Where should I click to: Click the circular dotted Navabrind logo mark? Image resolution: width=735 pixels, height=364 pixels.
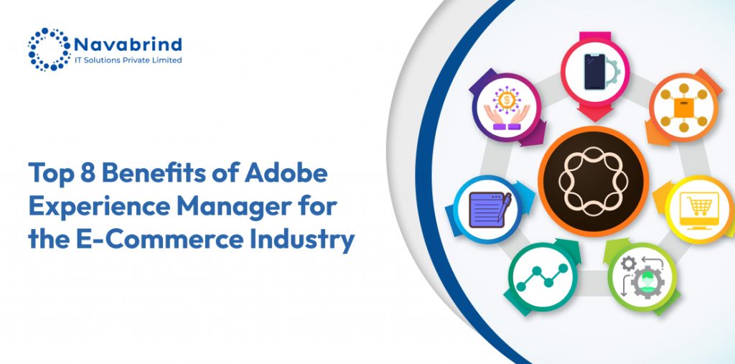click(x=50, y=50)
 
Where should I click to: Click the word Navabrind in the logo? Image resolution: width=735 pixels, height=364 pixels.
click(x=128, y=45)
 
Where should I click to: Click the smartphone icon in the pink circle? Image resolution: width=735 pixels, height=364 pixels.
click(x=594, y=72)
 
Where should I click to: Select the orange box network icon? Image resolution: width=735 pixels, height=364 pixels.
click(x=683, y=108)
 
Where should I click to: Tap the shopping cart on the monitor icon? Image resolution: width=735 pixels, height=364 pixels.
click(x=699, y=206)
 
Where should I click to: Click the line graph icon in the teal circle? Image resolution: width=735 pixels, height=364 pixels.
click(x=542, y=276)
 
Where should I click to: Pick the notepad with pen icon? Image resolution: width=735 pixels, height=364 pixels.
click(x=490, y=210)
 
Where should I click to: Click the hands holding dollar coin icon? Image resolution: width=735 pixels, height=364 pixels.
click(x=507, y=110)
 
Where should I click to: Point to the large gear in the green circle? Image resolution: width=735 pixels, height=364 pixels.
click(x=647, y=282)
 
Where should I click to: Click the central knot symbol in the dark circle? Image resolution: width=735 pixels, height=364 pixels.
click(x=594, y=181)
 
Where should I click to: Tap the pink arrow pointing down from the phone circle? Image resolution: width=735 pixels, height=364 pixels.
click(x=595, y=113)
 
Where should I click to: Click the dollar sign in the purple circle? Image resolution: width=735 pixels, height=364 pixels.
click(x=507, y=99)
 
